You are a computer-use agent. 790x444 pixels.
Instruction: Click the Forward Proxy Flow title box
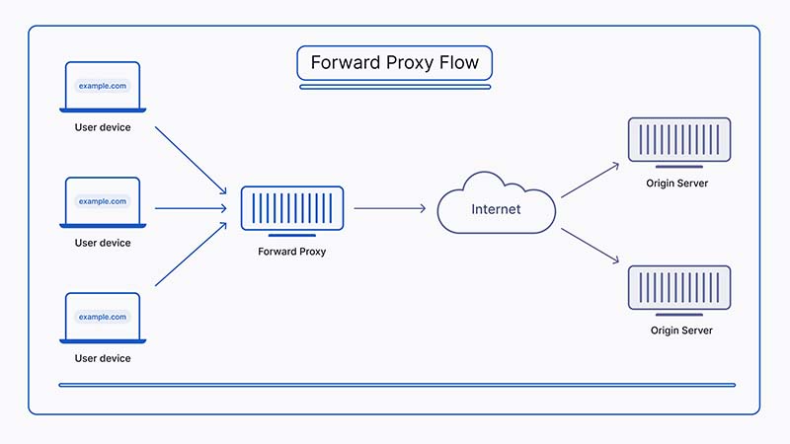pyautogui.click(x=394, y=63)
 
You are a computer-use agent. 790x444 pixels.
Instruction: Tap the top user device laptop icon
pyautogui.click(x=103, y=87)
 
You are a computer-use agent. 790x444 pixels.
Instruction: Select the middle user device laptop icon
pyautogui.click(x=103, y=202)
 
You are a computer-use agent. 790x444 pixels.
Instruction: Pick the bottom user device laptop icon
pyautogui.click(x=103, y=318)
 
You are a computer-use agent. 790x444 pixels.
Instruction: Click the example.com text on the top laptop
pyautogui.click(x=103, y=86)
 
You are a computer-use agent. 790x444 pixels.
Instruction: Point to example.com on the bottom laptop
pyautogui.click(x=103, y=317)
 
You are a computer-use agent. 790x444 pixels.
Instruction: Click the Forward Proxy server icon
pyautogui.click(x=291, y=209)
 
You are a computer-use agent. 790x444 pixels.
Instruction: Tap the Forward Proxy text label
pyautogui.click(x=291, y=252)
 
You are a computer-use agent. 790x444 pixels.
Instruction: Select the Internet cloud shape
pyautogui.click(x=496, y=205)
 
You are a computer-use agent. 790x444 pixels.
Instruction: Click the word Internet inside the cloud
pyautogui.click(x=496, y=209)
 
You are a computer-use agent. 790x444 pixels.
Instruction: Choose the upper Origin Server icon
pyautogui.click(x=679, y=140)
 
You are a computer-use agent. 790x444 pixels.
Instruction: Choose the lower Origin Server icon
pyautogui.click(x=679, y=287)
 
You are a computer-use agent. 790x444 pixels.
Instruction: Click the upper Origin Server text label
pyautogui.click(x=679, y=184)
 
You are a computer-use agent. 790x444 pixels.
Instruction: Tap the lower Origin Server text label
pyautogui.click(x=680, y=331)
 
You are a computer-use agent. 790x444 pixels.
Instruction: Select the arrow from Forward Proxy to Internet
pyautogui.click(x=389, y=208)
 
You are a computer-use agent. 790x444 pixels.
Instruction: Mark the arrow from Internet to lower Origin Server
pyautogui.click(x=590, y=245)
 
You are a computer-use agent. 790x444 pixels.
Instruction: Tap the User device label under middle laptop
pyautogui.click(x=103, y=243)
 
